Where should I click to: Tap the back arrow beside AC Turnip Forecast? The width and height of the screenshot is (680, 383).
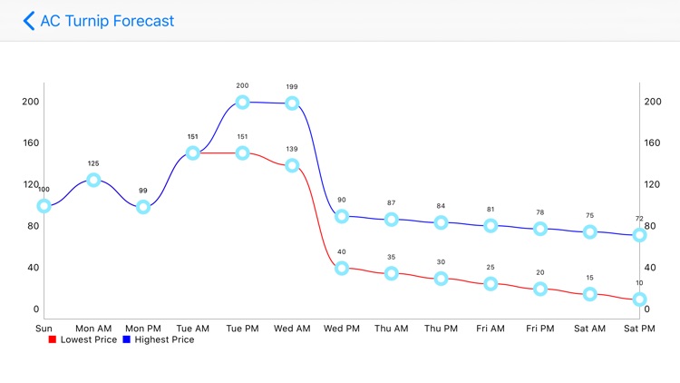(29, 20)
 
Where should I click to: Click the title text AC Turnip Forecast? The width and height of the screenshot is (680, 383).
(107, 20)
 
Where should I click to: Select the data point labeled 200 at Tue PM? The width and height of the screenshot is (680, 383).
(242, 102)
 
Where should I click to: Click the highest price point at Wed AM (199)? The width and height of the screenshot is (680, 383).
(292, 103)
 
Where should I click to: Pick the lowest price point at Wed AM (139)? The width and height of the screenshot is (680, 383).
(292, 165)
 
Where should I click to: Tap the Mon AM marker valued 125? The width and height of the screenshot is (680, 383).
(93, 180)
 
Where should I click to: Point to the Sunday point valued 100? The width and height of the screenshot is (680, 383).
(44, 206)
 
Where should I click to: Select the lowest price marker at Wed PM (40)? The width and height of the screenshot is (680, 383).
(342, 268)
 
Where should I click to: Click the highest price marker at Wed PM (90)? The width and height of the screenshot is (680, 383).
(342, 216)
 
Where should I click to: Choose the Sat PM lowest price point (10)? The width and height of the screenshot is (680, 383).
(639, 299)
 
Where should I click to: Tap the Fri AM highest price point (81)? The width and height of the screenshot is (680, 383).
(491, 225)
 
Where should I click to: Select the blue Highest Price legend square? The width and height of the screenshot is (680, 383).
(127, 340)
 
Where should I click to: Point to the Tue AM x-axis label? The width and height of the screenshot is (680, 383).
(192, 328)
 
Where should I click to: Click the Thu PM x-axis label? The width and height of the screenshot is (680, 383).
(441, 328)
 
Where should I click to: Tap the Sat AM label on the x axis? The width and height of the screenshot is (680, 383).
(589, 328)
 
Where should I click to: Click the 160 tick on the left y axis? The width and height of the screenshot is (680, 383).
(32, 142)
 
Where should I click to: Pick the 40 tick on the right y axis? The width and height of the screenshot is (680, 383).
(652, 268)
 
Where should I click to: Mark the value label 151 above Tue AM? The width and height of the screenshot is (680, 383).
(192, 137)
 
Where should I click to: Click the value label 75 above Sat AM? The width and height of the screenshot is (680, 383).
(589, 216)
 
